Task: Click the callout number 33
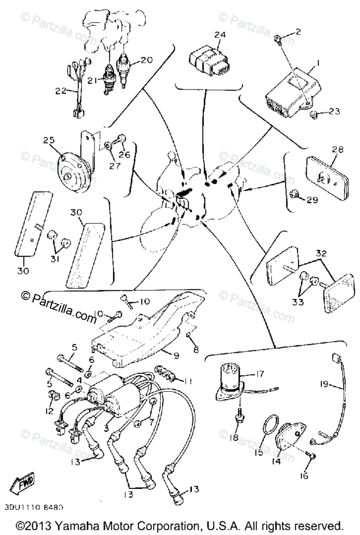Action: (x=298, y=302)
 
